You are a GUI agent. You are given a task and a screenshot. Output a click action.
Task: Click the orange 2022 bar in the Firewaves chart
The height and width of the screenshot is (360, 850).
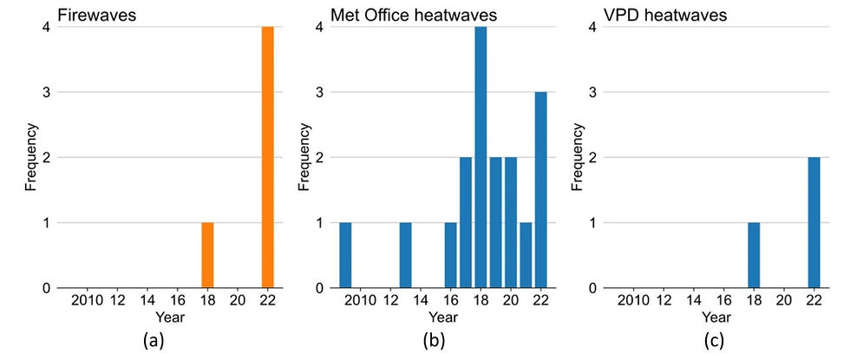point(268,157)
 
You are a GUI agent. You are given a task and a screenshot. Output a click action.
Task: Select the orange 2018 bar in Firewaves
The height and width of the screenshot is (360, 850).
point(207,255)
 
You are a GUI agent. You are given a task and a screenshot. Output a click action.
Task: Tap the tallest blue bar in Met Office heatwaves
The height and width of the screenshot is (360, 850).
point(480,157)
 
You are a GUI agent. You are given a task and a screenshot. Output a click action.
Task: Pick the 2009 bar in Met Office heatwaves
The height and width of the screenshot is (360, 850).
point(345,255)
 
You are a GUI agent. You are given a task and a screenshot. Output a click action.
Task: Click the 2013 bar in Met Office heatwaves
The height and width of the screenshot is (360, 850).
point(405,255)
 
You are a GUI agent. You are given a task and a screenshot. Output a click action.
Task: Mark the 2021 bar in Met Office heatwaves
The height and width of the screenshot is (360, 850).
point(526,255)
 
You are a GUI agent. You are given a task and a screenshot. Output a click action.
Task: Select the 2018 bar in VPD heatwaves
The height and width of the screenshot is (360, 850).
point(754,255)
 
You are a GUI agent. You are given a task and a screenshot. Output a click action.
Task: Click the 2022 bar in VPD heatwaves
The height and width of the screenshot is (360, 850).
point(814,223)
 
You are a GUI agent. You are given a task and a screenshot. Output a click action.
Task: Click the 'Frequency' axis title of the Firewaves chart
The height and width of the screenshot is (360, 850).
point(30,158)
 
